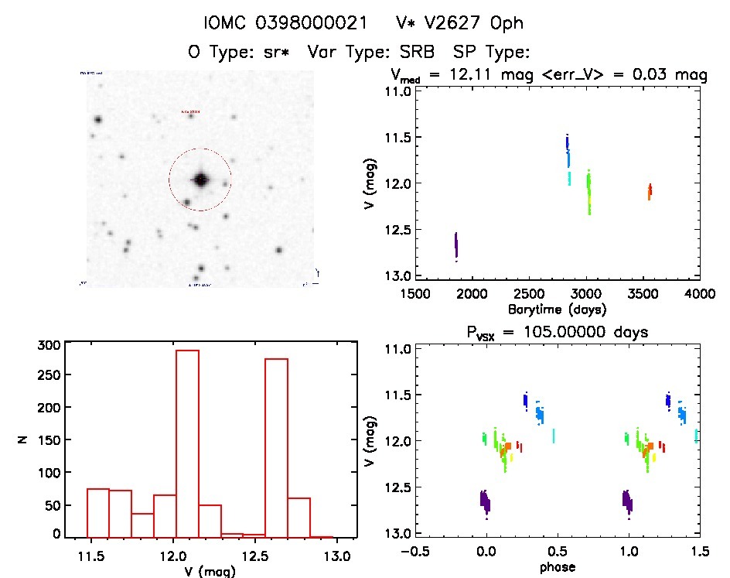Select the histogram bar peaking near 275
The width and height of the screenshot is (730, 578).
click(276, 446)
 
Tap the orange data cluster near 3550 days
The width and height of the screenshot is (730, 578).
click(650, 191)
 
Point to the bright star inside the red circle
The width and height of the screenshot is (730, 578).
click(201, 180)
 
